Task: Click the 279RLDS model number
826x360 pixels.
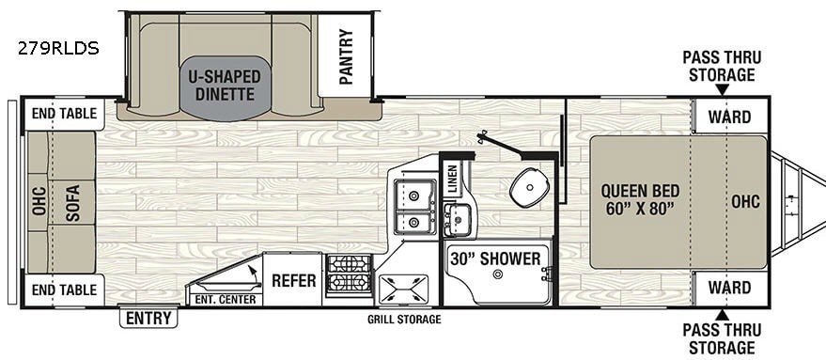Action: pyautogui.click(x=58, y=49)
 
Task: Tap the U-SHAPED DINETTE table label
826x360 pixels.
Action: pyautogui.click(x=225, y=86)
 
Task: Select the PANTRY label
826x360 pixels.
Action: pyautogui.click(x=346, y=57)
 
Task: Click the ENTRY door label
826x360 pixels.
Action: pyautogui.click(x=148, y=318)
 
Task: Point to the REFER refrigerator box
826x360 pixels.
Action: pyautogui.click(x=293, y=279)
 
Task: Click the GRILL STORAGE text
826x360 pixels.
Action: pyautogui.click(x=404, y=320)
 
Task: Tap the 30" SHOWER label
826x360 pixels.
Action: pyautogui.click(x=495, y=258)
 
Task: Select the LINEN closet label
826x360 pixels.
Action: pyautogui.click(x=452, y=180)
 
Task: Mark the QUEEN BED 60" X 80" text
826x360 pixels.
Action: pyautogui.click(x=640, y=199)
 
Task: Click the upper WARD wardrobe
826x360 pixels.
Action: pyautogui.click(x=729, y=117)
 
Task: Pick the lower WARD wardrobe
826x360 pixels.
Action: pyautogui.click(x=729, y=288)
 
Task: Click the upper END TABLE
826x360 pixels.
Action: pyautogui.click(x=64, y=114)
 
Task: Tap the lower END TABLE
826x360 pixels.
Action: pyautogui.click(x=64, y=290)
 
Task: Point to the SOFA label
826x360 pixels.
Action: pyautogui.click(x=72, y=202)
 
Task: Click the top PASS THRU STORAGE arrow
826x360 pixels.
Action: pyautogui.click(x=723, y=89)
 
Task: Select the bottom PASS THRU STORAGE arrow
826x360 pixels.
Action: pyautogui.click(x=723, y=315)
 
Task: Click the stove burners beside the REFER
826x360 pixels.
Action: pyautogui.click(x=349, y=274)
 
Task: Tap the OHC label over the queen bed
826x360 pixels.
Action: pyautogui.click(x=745, y=201)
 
